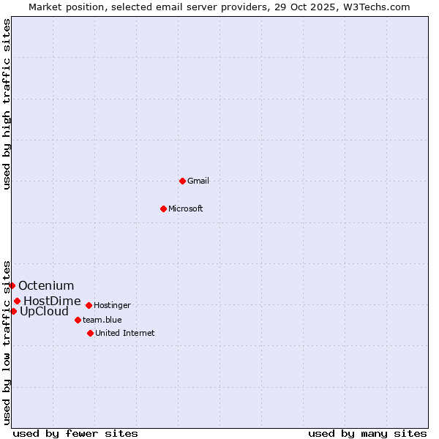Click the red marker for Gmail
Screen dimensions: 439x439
click(x=182, y=181)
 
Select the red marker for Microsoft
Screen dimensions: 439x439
click(x=163, y=209)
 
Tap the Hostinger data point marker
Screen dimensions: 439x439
click(x=89, y=305)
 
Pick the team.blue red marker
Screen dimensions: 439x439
click(x=78, y=320)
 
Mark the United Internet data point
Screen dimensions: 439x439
click(x=90, y=333)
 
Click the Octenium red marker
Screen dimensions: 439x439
click(x=12, y=285)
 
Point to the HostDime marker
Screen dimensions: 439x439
click(x=17, y=301)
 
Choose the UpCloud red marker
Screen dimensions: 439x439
click(x=13, y=311)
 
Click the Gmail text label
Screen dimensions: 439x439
click(x=198, y=181)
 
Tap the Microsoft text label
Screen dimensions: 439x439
click(x=186, y=209)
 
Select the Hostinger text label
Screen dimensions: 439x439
click(x=113, y=305)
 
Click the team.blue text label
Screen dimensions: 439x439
click(x=102, y=320)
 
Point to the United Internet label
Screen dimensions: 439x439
click(x=125, y=333)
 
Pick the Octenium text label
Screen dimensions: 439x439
click(x=46, y=285)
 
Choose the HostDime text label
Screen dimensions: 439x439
click(x=52, y=301)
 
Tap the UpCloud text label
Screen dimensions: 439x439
click(x=44, y=311)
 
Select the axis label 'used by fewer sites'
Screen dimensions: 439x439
click(x=75, y=433)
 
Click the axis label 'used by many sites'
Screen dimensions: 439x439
click(x=367, y=433)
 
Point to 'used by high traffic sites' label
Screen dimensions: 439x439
click(x=7, y=104)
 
